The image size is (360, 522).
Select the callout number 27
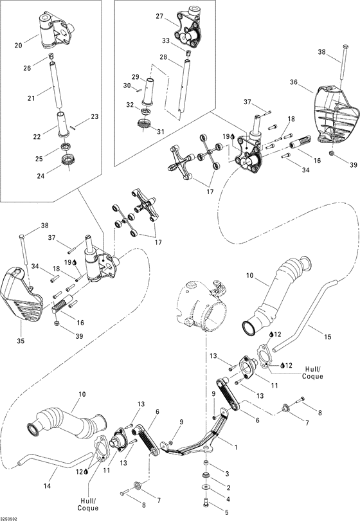coord(160,17)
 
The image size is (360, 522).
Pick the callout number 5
coord(226,512)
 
